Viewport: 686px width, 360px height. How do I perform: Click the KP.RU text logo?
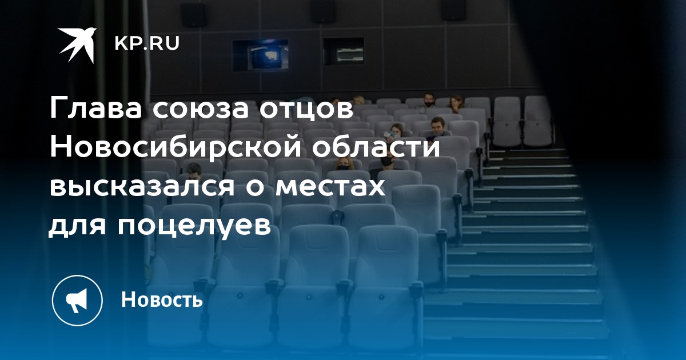point(147,43)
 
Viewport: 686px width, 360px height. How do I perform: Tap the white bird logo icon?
point(78,45)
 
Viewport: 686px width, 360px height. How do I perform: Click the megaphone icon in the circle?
point(77,300)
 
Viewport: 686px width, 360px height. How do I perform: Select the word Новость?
point(162,299)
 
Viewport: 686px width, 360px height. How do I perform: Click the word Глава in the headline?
point(96,109)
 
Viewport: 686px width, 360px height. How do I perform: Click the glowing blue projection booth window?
point(260,55)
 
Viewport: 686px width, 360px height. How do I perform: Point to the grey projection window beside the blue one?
point(344,51)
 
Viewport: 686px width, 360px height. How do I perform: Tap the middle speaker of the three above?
point(324,11)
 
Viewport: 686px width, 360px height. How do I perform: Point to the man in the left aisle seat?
point(193,172)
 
